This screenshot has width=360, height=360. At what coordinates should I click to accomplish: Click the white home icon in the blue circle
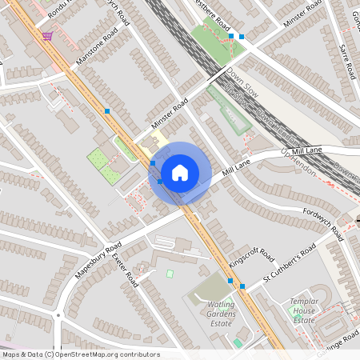pos(180,172)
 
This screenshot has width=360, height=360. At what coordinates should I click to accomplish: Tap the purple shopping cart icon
pos(48,35)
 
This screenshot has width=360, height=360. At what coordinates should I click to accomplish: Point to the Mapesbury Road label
pos(98,260)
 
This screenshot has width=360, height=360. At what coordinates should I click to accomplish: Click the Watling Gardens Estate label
pos(214,315)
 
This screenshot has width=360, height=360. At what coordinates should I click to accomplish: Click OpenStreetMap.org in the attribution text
pos(97,354)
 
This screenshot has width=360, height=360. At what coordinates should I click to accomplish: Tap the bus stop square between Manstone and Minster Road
pos(107,110)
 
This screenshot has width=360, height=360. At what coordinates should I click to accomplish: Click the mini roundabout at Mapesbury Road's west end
pos(58,315)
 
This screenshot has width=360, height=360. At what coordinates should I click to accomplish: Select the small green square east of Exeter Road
pos(170,274)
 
